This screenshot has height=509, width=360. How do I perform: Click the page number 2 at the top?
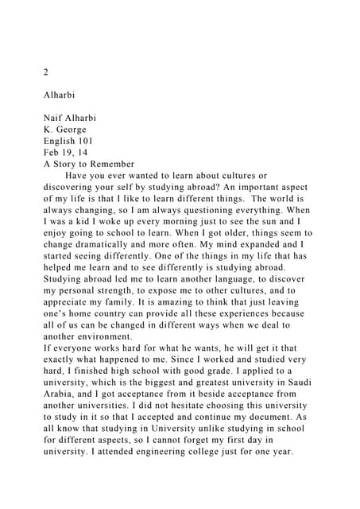46,72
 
